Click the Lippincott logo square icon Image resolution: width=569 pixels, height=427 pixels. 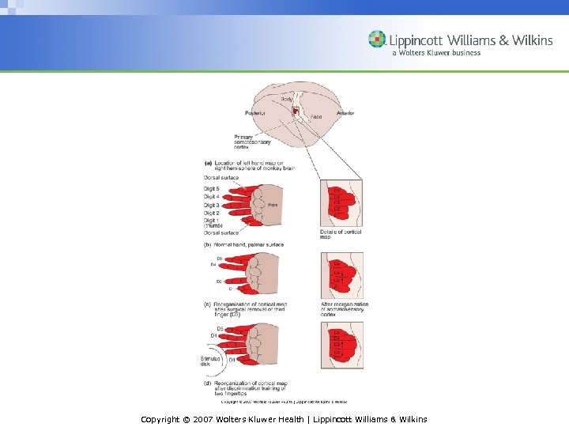tap(378, 40)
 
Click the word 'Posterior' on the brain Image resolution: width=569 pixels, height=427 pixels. tap(255, 113)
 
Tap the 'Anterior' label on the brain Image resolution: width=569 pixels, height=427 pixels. tap(345, 113)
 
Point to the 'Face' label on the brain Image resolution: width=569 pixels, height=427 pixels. tap(315, 117)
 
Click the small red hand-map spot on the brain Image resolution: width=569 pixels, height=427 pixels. tap(296, 112)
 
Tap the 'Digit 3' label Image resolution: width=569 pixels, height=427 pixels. tap(212, 205)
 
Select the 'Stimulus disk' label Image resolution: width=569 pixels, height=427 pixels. tap(211, 361)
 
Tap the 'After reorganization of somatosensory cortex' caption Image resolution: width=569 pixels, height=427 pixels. tap(345, 308)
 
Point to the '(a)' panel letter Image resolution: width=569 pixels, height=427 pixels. tap(208, 163)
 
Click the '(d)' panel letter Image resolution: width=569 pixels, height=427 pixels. tap(208, 383)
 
